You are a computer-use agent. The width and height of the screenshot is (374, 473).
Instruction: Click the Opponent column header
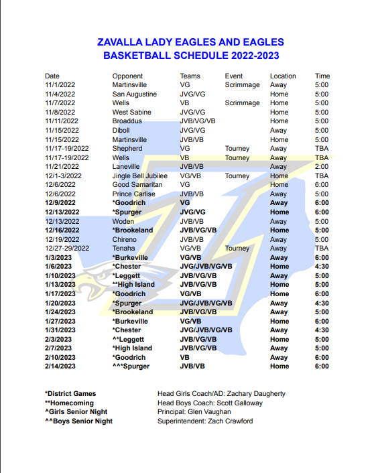(127, 76)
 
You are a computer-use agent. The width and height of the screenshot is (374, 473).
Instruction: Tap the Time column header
(322, 76)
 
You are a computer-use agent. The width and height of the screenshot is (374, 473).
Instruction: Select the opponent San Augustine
(135, 94)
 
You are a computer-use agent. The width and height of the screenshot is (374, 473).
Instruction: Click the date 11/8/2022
(61, 113)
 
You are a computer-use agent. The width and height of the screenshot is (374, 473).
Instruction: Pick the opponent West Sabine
(132, 113)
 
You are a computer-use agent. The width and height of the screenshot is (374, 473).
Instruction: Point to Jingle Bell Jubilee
(139, 176)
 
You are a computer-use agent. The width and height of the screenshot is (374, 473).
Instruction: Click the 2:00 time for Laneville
(322, 167)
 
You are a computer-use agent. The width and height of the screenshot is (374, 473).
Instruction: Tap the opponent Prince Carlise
(134, 194)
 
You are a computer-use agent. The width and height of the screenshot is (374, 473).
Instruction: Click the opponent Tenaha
(124, 249)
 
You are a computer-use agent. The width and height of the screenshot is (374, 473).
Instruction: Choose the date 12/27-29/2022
(67, 249)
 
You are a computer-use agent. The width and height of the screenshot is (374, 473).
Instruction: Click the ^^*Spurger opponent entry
(131, 366)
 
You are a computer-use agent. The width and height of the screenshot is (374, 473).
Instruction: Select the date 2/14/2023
(61, 366)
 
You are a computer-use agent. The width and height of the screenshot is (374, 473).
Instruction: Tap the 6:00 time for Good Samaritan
(322, 185)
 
